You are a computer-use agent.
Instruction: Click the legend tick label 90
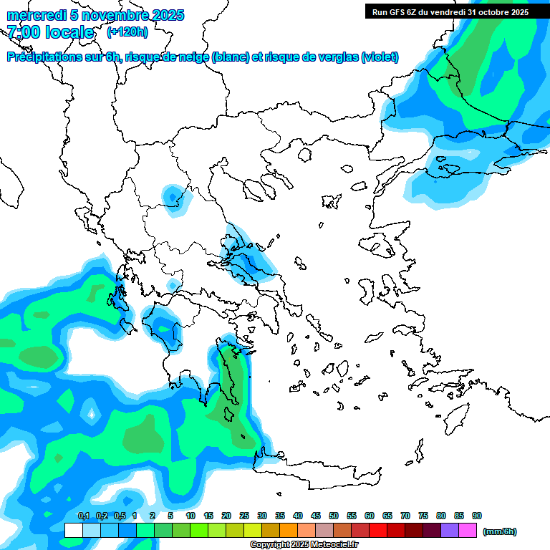coord(477,516)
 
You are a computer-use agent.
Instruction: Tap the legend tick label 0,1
coord(83,516)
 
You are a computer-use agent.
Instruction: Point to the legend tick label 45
coord(316,516)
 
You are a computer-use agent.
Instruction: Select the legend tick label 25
coord(244,516)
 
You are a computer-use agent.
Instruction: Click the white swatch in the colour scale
coord(73,530)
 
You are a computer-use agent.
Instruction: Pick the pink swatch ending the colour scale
coord(468,530)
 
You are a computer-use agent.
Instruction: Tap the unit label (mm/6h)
coord(500,531)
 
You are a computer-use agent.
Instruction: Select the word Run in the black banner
coord(380,11)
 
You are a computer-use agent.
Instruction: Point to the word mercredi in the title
coord(33,15)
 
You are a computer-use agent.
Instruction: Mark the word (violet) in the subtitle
coord(380,57)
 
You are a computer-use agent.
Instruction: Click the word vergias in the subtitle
coord(336,57)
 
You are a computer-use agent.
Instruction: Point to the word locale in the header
coord(69,32)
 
